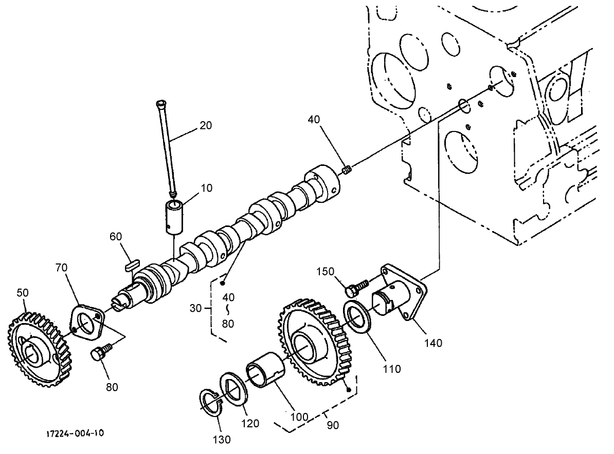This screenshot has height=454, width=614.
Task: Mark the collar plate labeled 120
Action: [x=233, y=390]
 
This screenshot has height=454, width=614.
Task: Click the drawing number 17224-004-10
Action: [x=75, y=433]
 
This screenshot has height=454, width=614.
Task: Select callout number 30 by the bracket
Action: [x=195, y=308]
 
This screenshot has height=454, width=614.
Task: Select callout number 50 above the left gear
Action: [x=22, y=293]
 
